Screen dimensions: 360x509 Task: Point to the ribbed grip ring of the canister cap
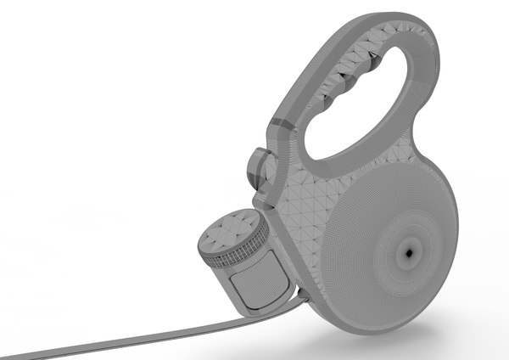(233, 256)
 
